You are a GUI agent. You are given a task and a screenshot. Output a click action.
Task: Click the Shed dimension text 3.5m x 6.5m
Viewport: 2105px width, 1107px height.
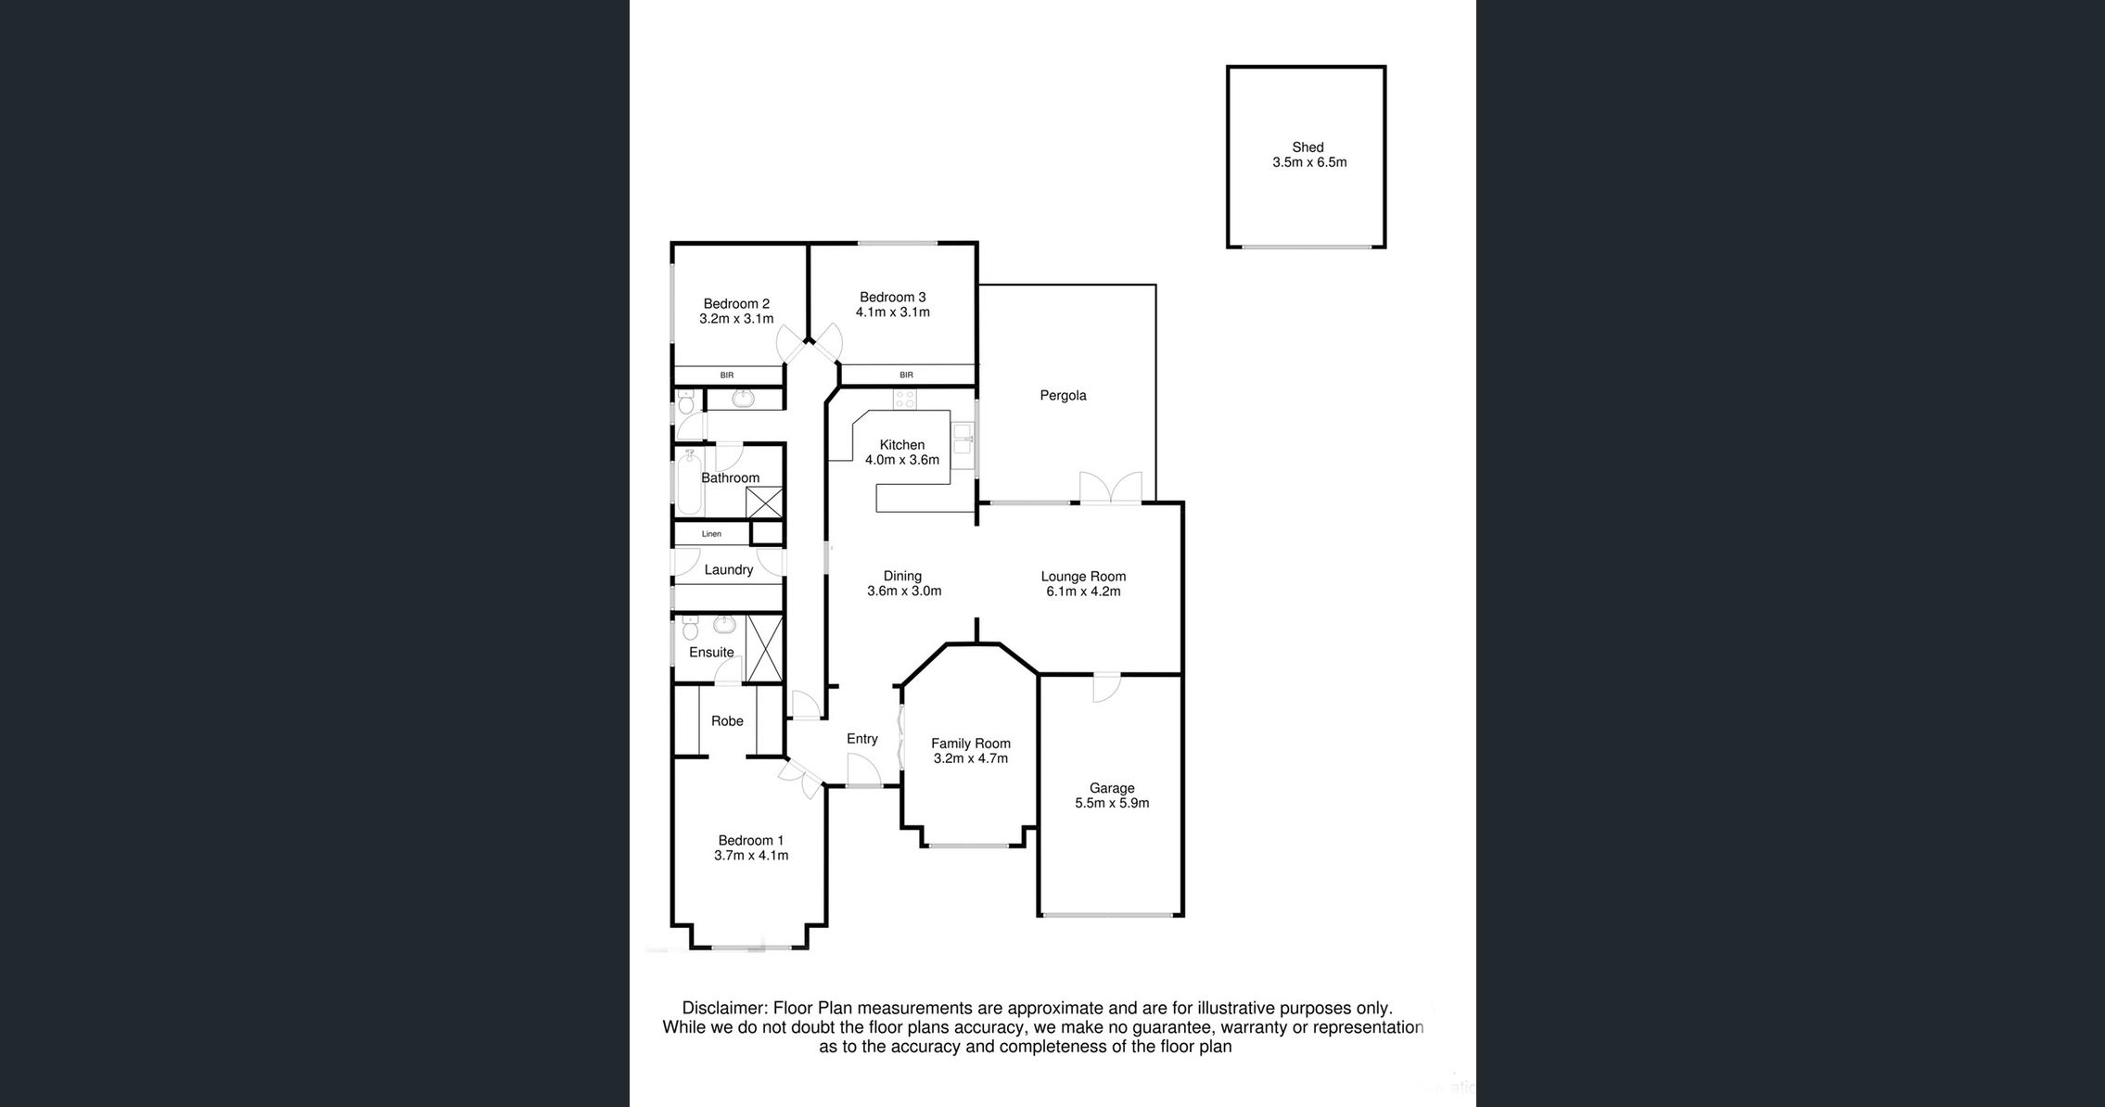[1309, 162]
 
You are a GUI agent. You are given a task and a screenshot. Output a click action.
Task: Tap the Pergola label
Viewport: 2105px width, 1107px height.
[1063, 396]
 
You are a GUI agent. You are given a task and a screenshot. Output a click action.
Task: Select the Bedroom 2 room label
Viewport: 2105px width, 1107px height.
[736, 303]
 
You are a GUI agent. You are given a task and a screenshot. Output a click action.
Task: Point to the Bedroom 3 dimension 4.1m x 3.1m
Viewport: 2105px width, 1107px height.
[893, 312]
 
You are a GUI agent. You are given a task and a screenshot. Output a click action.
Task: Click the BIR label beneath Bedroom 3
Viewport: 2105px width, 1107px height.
[906, 375]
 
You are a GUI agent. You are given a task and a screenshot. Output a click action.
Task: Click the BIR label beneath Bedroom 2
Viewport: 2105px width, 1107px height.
[727, 375]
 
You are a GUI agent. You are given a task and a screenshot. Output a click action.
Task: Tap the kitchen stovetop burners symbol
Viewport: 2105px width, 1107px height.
[905, 400]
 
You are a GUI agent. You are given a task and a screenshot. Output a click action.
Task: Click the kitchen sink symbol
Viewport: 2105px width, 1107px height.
[963, 439]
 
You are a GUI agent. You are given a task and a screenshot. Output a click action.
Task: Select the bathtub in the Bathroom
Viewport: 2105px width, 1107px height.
[689, 483]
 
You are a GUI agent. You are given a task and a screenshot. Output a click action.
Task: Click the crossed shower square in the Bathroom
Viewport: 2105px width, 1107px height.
[765, 503]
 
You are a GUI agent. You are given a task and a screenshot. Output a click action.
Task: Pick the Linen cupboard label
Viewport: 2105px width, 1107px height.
[711, 534]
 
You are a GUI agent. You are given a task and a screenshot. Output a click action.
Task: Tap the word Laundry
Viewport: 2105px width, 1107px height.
[729, 570]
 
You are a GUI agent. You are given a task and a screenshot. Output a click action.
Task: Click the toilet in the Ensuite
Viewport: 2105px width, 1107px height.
[690, 629]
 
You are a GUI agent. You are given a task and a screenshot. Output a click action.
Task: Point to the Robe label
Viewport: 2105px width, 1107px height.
[728, 721]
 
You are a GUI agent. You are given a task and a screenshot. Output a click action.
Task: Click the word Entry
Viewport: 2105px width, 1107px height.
[862, 739]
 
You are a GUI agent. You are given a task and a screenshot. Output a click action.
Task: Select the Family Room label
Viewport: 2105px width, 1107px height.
[971, 744]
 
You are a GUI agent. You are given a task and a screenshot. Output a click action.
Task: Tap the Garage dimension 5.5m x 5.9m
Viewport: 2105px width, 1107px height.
[1112, 803]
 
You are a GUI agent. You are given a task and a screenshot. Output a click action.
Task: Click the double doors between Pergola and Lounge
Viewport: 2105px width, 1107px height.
[1110, 489]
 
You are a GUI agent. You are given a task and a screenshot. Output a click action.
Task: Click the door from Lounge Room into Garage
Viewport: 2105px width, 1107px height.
[1107, 687]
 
